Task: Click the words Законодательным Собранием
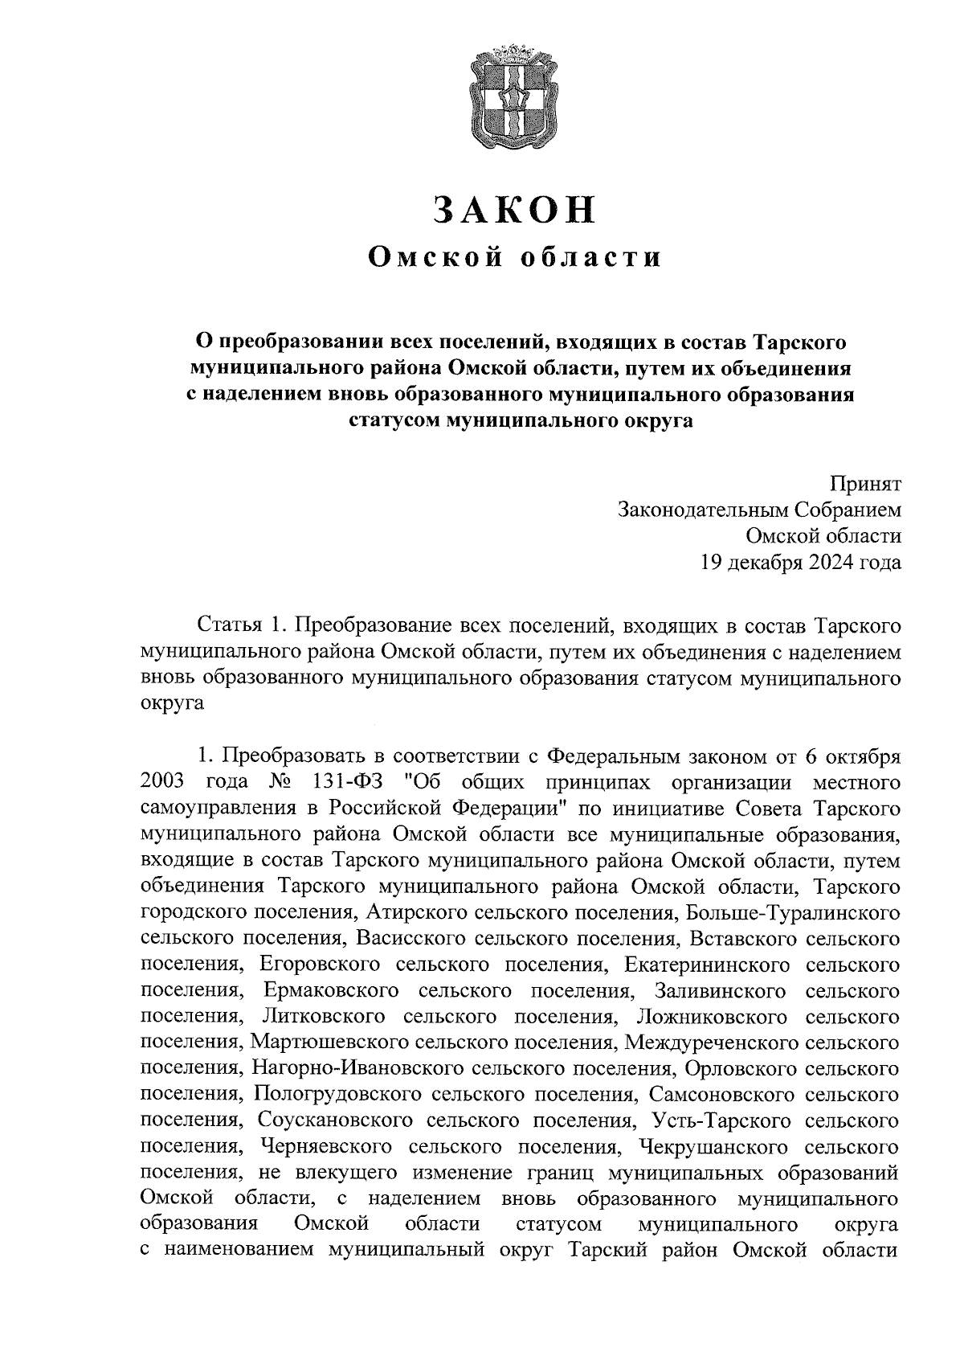759,510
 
